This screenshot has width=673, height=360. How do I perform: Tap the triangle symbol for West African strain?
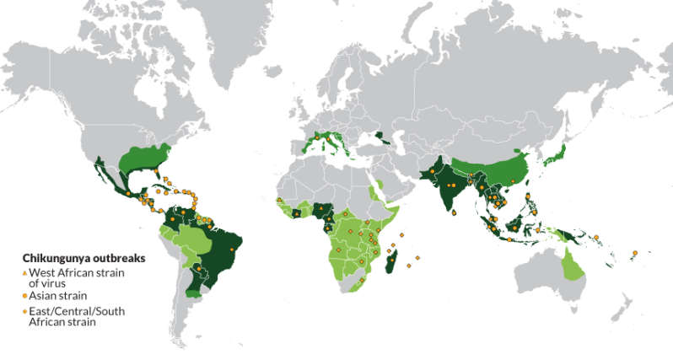[x=24, y=271]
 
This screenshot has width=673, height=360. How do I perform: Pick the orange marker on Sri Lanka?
[x=455, y=213]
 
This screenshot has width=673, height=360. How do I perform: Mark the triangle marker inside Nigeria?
[x=320, y=211]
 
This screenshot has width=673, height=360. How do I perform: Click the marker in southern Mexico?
[x=127, y=194]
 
